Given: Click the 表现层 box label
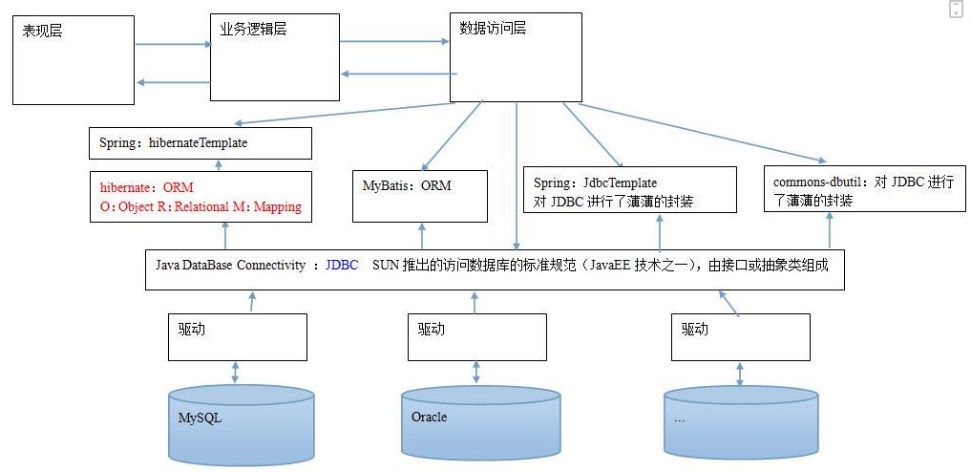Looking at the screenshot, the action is [42, 31].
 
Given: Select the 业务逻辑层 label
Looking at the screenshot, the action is [253, 29].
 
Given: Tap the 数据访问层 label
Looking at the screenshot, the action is [493, 28].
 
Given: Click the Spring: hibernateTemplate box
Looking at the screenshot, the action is [200, 143].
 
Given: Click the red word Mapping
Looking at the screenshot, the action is [278, 207].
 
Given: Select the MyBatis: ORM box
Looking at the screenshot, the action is [420, 196].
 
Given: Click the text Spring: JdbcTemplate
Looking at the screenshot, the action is [595, 182].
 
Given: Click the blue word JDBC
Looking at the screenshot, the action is [342, 265].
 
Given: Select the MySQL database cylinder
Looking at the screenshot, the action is [242, 424].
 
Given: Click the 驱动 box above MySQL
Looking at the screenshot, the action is [238, 337].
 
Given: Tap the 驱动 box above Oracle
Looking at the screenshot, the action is [476, 337].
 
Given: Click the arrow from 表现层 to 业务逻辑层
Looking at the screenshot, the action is [174, 45].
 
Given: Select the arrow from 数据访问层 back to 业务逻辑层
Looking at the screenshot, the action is [399, 75].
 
